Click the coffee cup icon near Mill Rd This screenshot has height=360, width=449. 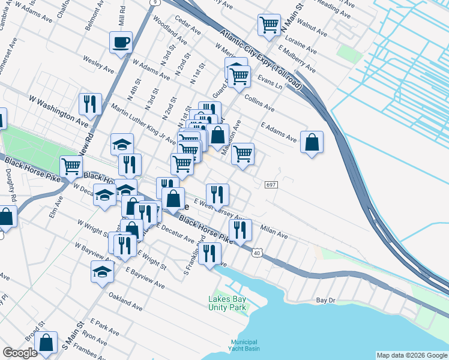(x=121, y=43)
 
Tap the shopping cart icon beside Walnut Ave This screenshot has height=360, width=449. (x=269, y=25)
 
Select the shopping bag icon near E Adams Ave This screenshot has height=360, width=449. (x=312, y=143)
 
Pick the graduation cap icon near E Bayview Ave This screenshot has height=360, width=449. (x=101, y=271)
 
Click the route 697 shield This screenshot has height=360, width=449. (x=270, y=185)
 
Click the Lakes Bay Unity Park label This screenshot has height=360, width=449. (x=228, y=303)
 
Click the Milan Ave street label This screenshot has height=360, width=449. (x=274, y=232)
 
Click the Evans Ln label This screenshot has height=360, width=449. (x=270, y=82)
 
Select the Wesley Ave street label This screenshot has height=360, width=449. (x=98, y=65)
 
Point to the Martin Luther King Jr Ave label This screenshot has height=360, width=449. (x=143, y=124)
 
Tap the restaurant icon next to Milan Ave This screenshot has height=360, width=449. (x=238, y=229)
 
